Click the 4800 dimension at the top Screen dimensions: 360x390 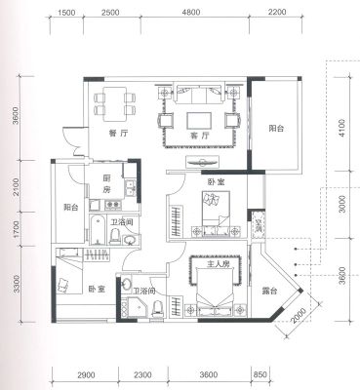click(x=191, y=13)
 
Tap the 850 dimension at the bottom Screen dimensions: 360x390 click(x=260, y=374)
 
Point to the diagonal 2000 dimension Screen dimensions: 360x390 click(x=299, y=315)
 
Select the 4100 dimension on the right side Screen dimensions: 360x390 click(x=340, y=128)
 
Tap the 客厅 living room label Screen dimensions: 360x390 click(x=200, y=136)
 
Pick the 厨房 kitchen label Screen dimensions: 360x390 click(x=106, y=184)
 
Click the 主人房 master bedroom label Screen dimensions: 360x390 click(x=219, y=264)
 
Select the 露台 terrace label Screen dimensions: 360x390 click(x=269, y=291)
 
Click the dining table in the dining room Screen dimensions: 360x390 click(x=115, y=103)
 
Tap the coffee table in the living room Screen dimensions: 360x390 click(x=199, y=121)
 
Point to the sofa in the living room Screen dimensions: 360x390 click(x=199, y=92)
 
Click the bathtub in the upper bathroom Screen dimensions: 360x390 click(x=98, y=229)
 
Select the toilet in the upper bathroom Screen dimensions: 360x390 click(x=114, y=236)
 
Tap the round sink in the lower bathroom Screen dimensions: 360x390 click(x=127, y=284)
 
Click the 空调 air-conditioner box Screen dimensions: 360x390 click(x=259, y=225)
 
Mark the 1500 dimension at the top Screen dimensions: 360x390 click(x=66, y=13)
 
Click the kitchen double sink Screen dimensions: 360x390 click(x=131, y=188)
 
